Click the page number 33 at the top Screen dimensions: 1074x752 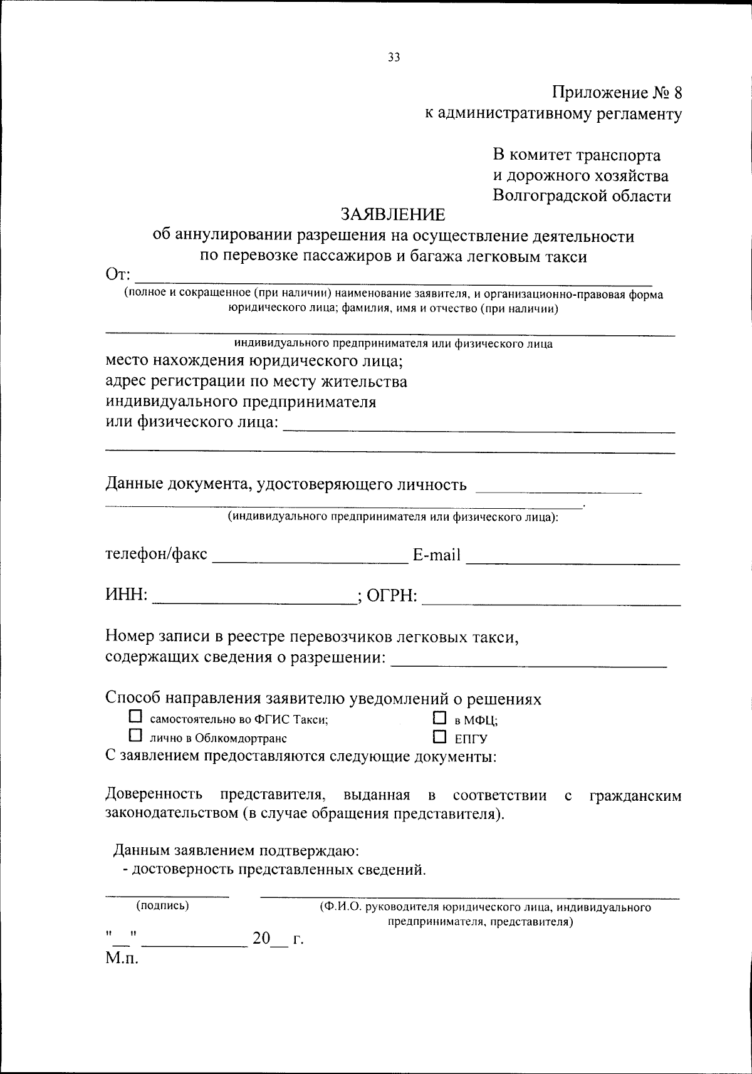(394, 58)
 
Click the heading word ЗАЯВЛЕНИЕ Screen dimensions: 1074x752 (393, 215)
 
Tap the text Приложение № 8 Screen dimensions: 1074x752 (616, 93)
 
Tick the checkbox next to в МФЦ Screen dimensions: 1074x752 (440, 717)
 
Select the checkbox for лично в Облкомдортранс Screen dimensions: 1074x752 (135, 734)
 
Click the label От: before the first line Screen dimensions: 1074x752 (118, 275)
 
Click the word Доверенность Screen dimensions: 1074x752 (154, 795)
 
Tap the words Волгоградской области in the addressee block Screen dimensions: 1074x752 (582, 196)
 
